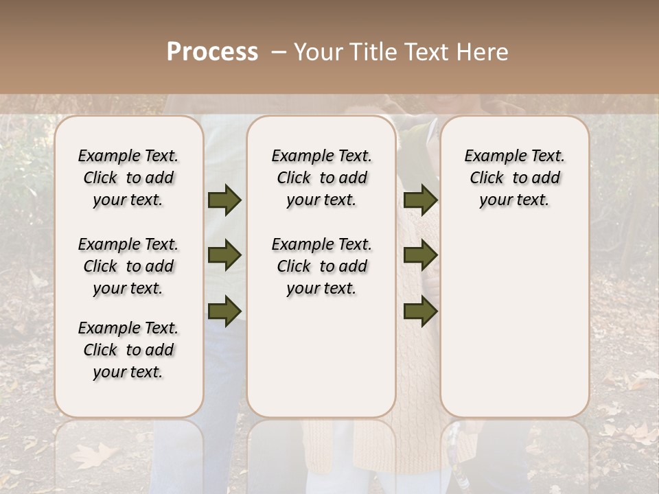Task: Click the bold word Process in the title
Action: click(212, 52)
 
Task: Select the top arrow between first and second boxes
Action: click(224, 200)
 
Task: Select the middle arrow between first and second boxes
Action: click(224, 256)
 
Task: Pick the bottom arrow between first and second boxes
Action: click(224, 311)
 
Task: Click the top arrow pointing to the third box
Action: click(420, 200)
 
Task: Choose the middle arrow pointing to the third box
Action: click(420, 256)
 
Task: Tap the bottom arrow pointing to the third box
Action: click(420, 311)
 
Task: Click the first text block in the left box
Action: click(128, 178)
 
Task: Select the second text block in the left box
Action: click(128, 266)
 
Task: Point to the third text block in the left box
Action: click(128, 350)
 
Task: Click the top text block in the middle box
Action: click(321, 178)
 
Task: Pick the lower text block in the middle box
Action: click(321, 266)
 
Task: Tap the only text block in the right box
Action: click(514, 178)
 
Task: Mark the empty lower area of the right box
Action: click(514, 316)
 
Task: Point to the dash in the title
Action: click(278, 52)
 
